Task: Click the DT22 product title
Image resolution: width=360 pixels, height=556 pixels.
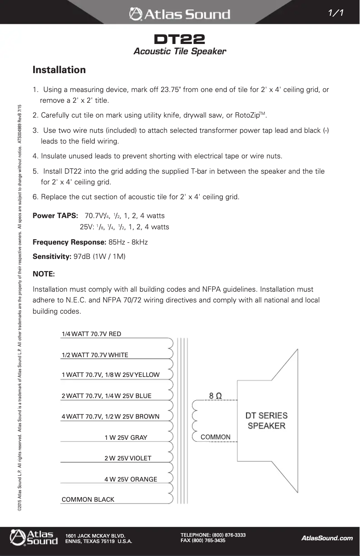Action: [180, 39]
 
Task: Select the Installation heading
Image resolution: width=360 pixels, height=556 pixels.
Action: [59, 70]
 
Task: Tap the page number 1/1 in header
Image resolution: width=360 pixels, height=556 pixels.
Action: [336, 13]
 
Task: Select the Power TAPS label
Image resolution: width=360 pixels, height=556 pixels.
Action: [55, 216]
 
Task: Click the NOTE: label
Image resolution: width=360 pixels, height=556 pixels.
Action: [44, 274]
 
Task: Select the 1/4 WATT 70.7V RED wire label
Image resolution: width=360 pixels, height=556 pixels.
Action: [91, 334]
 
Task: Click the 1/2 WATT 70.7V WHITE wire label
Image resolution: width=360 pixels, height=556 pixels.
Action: [95, 355]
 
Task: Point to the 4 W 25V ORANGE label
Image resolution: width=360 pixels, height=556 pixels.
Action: [131, 479]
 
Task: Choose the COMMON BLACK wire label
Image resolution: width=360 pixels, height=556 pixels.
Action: [88, 499]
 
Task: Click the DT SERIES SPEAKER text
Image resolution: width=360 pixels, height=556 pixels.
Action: [266, 420]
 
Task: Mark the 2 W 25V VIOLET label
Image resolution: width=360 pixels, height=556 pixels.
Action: [127, 458]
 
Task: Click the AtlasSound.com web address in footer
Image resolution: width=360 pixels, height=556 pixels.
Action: [327, 538]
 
